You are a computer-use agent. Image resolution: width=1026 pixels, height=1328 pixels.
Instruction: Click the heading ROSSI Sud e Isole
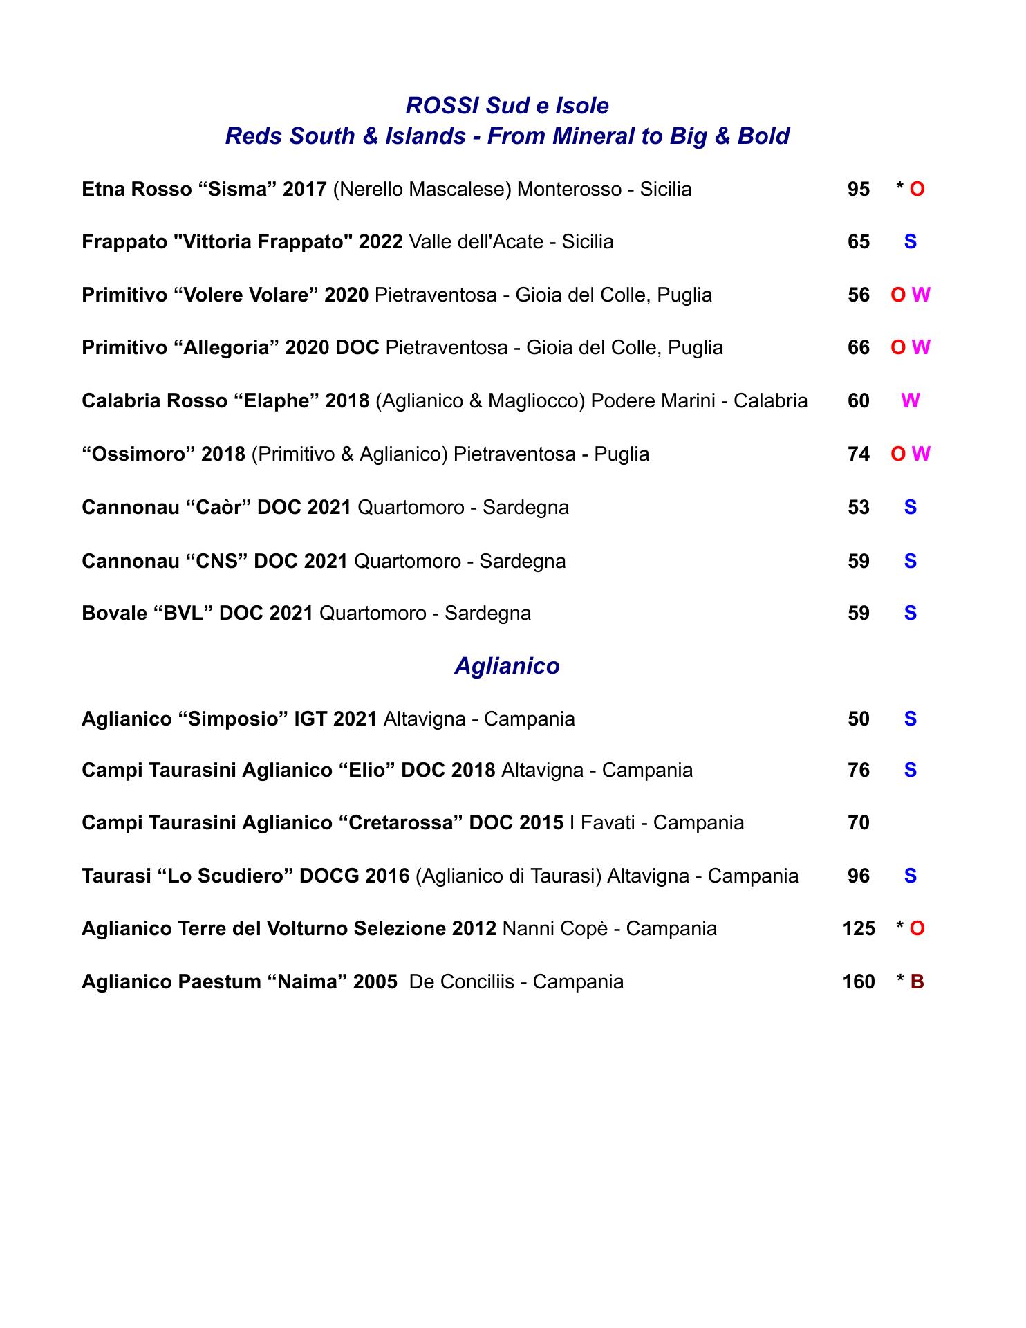[507, 106]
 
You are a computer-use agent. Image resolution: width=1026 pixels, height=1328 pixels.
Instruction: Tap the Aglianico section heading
[507, 666]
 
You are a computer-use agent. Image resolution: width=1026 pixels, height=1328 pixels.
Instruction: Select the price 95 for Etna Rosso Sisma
[858, 189]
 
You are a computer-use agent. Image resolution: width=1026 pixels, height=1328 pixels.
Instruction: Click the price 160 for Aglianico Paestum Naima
[859, 981]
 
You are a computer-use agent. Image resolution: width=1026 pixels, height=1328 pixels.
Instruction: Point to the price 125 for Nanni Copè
[859, 928]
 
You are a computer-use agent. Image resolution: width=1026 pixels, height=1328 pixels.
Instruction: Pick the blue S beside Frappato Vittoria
[910, 242]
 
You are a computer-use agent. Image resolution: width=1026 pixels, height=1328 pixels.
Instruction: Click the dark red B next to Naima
[917, 981]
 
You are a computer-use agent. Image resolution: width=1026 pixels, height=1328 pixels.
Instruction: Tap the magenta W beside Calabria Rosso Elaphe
[910, 401]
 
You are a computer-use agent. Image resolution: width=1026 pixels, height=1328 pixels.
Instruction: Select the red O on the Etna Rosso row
[917, 189]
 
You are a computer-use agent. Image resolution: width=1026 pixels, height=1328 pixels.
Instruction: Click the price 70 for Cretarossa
[858, 822]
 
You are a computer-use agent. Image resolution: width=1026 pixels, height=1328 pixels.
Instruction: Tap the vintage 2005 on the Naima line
[375, 981]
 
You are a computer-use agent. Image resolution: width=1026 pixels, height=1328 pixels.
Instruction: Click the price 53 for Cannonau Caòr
[858, 508]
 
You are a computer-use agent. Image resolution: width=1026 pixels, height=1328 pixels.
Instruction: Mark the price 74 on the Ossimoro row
[858, 454]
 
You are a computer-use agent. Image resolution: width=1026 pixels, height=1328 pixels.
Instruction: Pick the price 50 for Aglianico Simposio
[858, 719]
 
